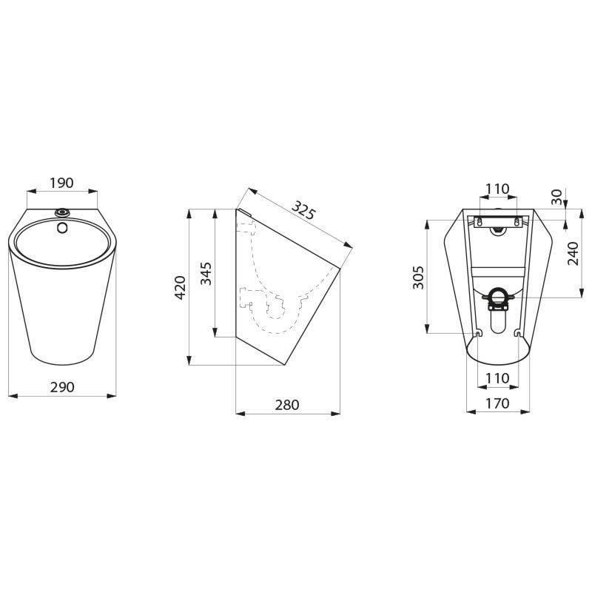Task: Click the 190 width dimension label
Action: pyautogui.click(x=62, y=181)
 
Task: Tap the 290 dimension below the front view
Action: pyautogui.click(x=62, y=387)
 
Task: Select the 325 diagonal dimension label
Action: pyautogui.click(x=303, y=209)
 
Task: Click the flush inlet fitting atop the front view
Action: pyautogui.click(x=62, y=213)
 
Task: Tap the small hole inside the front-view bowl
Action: pyautogui.click(x=63, y=226)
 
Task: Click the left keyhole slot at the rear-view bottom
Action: pyautogui.click(x=479, y=331)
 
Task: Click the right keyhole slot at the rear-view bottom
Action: pyautogui.click(x=516, y=331)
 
